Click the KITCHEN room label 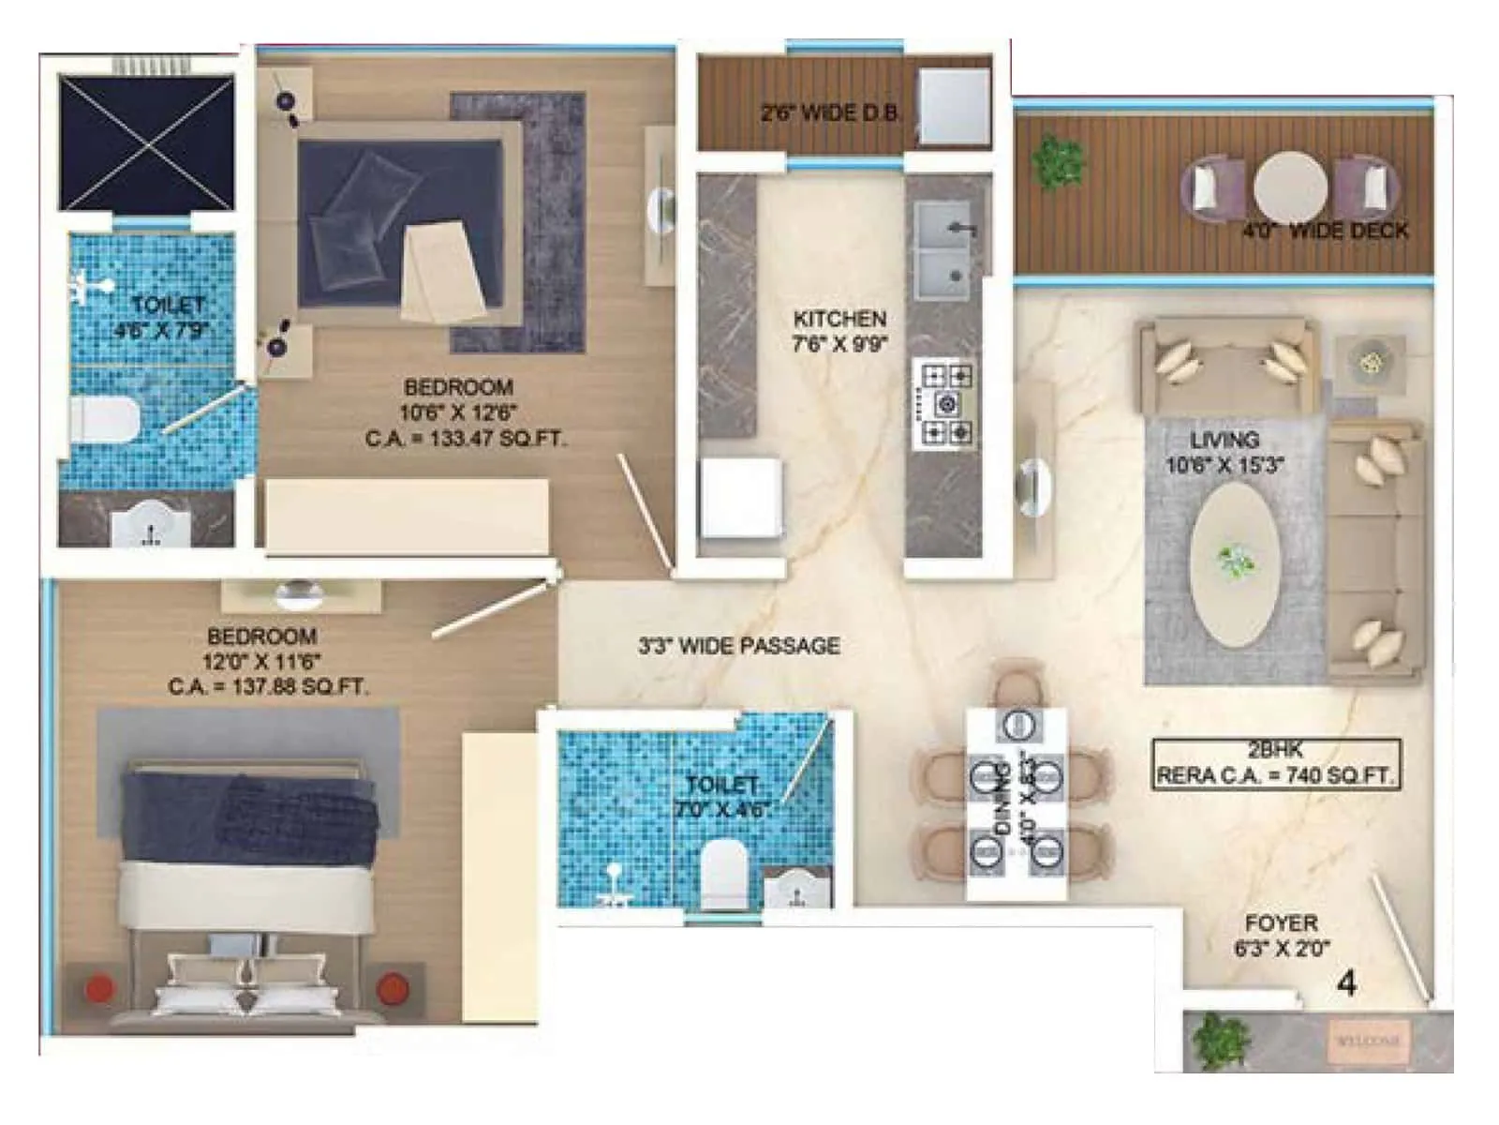tap(839, 319)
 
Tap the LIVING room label tap(1224, 439)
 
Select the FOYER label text tap(1281, 922)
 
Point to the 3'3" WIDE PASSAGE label tap(738, 645)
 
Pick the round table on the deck tap(1290, 187)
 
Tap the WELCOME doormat tap(1365, 1042)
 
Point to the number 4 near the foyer tap(1347, 983)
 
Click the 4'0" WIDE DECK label tap(1325, 231)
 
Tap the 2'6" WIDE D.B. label tap(830, 113)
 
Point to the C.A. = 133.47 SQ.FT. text tap(466, 438)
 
